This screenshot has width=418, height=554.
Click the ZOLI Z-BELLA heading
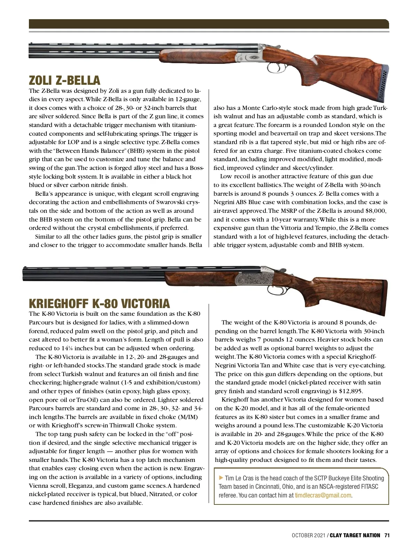pos(64,81)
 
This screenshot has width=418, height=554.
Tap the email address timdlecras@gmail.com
pos(323,495)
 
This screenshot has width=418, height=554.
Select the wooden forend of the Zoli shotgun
pos(195,57)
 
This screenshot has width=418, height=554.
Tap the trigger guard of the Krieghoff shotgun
pos(275,290)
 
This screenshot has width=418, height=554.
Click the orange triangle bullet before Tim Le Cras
pos(220,478)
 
